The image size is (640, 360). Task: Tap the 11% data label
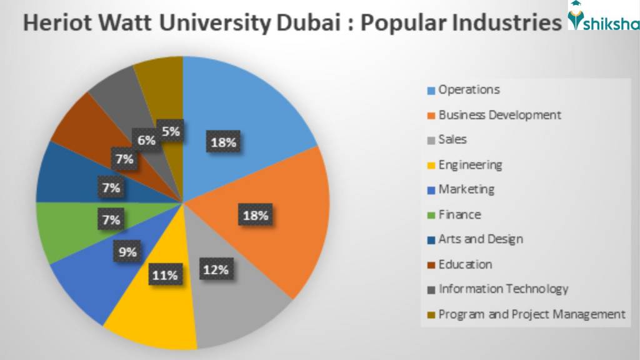(x=164, y=275)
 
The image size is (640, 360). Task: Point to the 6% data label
(x=146, y=141)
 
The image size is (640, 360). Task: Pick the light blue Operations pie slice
(x=250, y=112)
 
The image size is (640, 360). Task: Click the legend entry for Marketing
(x=466, y=189)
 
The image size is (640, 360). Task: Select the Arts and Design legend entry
(x=481, y=239)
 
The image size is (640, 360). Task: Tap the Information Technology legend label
(x=503, y=289)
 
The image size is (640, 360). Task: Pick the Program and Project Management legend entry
(x=532, y=314)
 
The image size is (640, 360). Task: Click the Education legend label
(x=465, y=264)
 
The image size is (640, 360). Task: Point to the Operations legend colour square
(x=431, y=91)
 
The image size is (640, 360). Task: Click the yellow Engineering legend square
(x=431, y=166)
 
